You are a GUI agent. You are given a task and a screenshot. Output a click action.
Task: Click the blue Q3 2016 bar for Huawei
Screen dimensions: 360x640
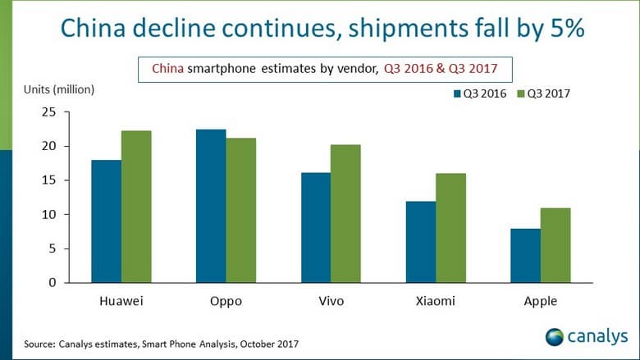(x=106, y=221)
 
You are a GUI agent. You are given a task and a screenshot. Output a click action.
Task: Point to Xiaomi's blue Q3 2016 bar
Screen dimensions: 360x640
(x=420, y=242)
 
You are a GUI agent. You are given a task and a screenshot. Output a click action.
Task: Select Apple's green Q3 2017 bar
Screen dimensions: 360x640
(x=555, y=245)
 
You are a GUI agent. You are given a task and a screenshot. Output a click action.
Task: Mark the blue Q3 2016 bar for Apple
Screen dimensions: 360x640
(x=525, y=256)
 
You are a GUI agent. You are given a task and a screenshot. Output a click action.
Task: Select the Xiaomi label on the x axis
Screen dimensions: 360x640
(x=436, y=301)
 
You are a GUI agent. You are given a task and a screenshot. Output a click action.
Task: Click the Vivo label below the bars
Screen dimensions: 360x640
(x=331, y=301)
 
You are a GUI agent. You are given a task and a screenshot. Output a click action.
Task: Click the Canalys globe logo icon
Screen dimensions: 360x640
(x=555, y=337)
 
